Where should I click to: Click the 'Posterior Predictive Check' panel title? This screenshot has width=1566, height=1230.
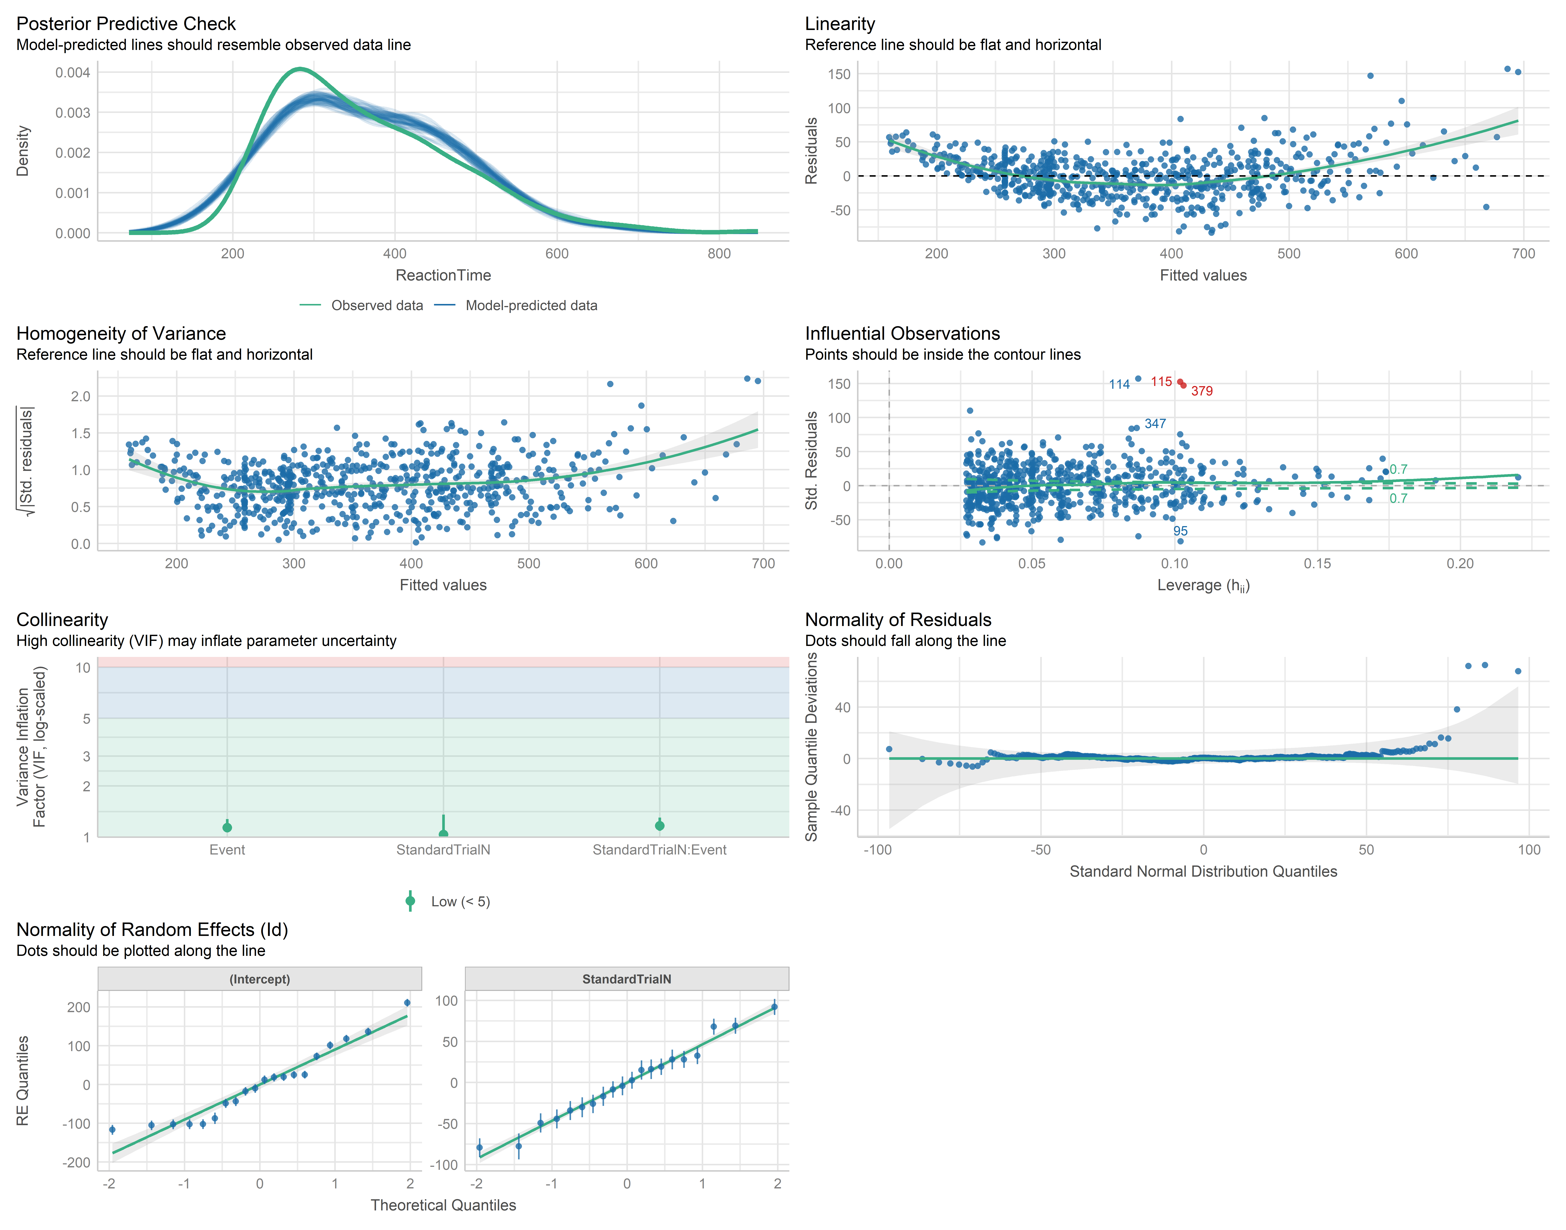126,24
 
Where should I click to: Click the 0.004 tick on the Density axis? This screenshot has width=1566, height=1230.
73,73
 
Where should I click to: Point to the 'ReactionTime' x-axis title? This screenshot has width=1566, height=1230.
443,275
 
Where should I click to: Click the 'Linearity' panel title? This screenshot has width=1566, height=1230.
840,24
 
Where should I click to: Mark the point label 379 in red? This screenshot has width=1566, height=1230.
1202,391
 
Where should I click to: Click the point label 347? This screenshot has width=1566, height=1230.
1155,423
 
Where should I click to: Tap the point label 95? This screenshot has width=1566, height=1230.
1181,531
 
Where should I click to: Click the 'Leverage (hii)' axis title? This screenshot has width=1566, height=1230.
1203,586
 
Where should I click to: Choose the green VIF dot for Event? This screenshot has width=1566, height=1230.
228,827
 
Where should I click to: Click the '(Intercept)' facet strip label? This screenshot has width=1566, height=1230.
260,979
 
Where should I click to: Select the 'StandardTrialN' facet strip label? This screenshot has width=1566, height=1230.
627,979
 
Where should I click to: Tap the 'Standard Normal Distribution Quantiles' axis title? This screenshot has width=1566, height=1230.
1203,871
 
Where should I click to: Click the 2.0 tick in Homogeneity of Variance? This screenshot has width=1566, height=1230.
81,396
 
